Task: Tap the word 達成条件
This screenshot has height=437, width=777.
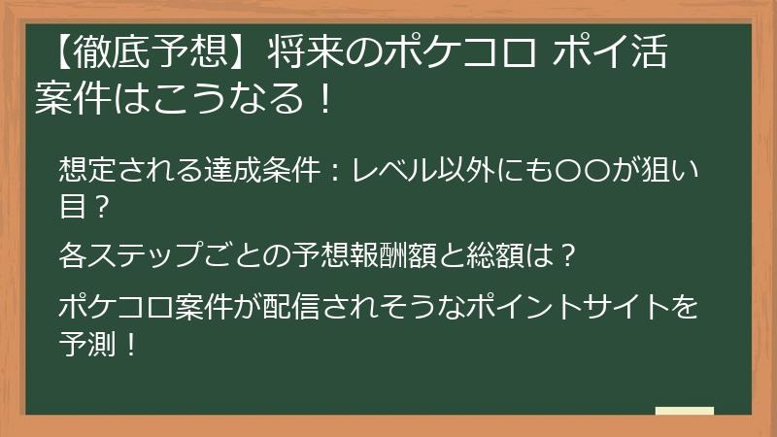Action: pos(263,170)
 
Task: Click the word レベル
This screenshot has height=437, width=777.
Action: pos(396,170)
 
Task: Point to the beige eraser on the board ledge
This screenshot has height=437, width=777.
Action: pos(686,411)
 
